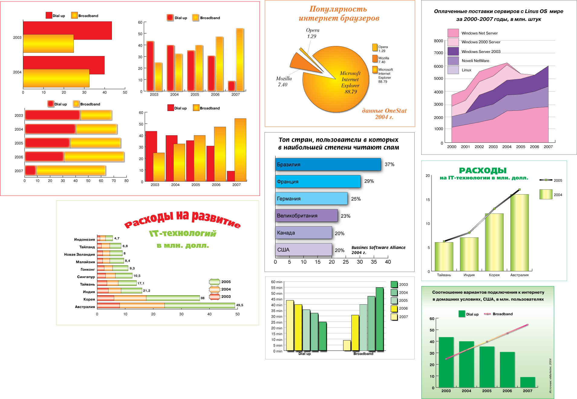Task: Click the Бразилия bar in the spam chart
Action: click(x=328, y=164)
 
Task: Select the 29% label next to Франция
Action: click(x=369, y=181)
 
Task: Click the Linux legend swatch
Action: click(x=453, y=70)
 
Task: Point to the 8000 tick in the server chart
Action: click(x=438, y=41)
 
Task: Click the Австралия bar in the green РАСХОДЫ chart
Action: click(x=519, y=233)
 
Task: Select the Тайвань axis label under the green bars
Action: click(x=444, y=275)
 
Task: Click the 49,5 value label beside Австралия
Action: click(x=240, y=305)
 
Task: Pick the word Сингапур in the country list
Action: click(x=86, y=277)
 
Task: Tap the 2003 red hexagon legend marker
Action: click(x=214, y=297)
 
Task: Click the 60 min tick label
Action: click(x=276, y=282)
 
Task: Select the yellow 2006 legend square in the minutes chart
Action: click(x=394, y=309)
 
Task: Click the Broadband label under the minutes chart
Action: click(x=363, y=354)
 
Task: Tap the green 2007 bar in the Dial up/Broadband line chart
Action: click(x=527, y=382)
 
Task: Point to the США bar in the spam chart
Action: click(x=303, y=250)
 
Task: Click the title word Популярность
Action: click(x=338, y=9)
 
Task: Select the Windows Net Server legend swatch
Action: click(x=453, y=33)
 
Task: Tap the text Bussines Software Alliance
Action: click(x=378, y=247)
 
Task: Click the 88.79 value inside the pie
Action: click(x=350, y=92)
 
